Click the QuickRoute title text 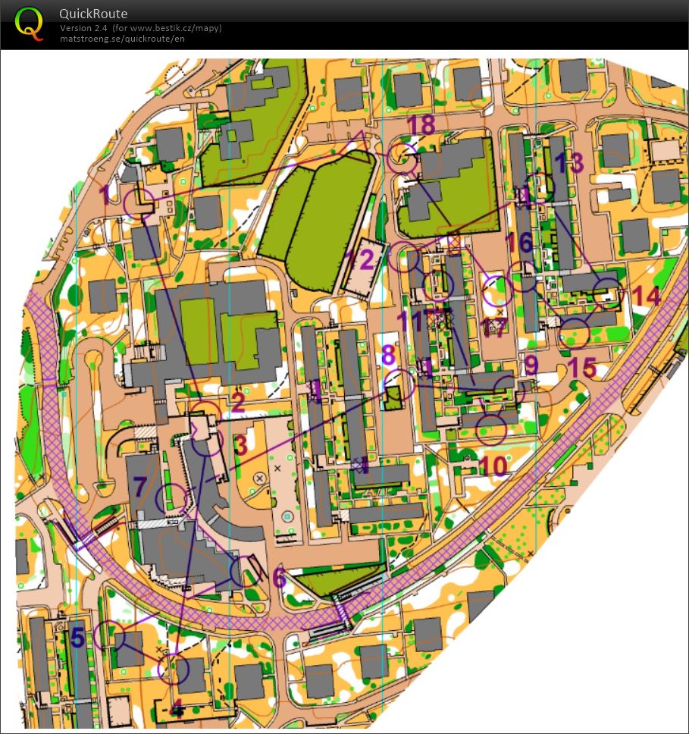[93, 14]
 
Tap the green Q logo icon [29, 22]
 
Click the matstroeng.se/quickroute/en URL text [122, 39]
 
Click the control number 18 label [422, 124]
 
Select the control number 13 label [569, 162]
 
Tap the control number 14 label [647, 295]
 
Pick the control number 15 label [582, 368]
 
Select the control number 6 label [279, 579]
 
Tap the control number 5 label [77, 637]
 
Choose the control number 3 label [241, 445]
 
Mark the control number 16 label [519, 243]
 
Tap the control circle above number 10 [492, 430]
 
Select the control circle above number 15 [575, 333]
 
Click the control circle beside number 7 [170, 497]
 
